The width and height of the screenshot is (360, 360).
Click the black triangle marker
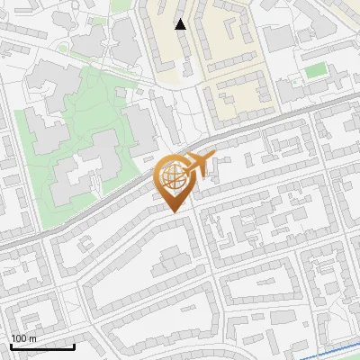(x=181, y=24)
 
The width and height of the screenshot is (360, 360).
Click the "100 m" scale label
(x=24, y=338)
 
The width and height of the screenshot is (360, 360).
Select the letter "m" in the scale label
(x=32, y=338)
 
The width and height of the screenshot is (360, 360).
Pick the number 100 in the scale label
(x=20, y=338)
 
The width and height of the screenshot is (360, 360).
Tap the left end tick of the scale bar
(x=12, y=345)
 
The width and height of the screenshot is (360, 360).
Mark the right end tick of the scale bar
(x=74, y=345)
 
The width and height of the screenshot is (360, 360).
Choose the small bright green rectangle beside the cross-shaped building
(x=313, y=70)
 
